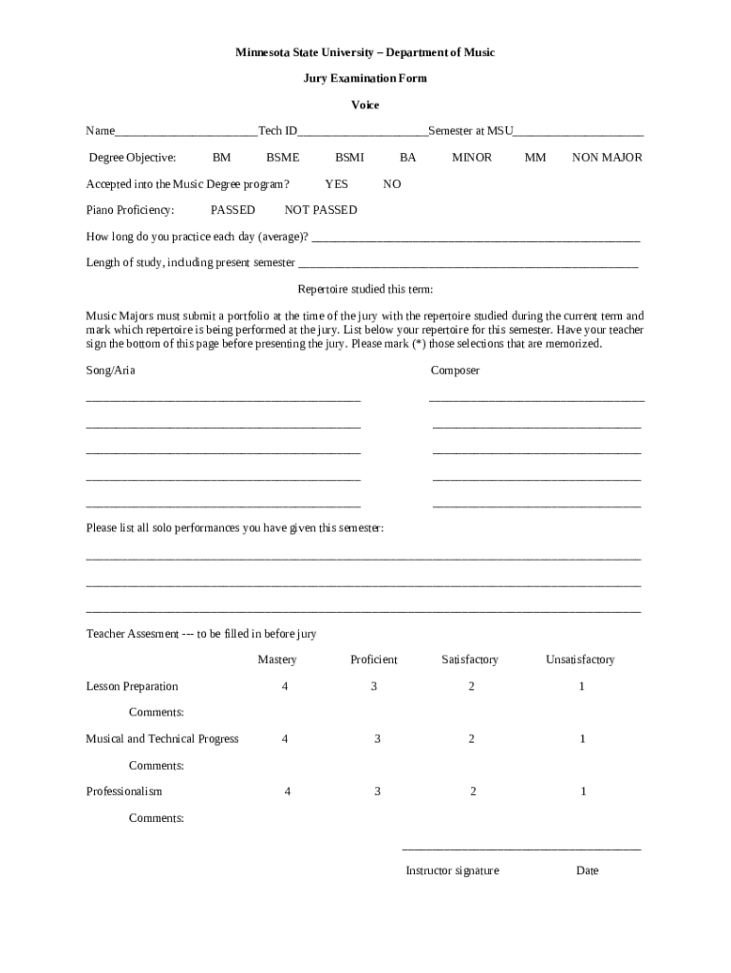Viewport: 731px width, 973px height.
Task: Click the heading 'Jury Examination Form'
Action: (x=365, y=78)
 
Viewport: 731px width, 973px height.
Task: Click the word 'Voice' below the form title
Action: (x=365, y=105)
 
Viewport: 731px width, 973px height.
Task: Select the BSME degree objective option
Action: (x=282, y=158)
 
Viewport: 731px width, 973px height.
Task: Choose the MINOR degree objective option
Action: (x=471, y=158)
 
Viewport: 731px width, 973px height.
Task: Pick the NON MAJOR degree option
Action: (x=607, y=158)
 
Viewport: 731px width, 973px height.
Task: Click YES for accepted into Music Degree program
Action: (x=336, y=184)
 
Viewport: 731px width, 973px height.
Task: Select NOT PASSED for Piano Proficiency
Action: (x=321, y=210)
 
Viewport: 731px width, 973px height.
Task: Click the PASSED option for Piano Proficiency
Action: (x=233, y=210)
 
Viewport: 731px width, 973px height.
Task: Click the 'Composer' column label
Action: (x=455, y=371)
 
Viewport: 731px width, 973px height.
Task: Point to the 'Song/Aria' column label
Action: (x=110, y=371)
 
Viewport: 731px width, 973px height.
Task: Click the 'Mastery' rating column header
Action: (x=277, y=659)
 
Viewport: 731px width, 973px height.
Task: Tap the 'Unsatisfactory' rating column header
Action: (x=579, y=659)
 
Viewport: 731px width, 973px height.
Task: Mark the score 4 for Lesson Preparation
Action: (x=285, y=686)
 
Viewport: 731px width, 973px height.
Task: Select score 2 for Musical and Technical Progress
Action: (x=471, y=738)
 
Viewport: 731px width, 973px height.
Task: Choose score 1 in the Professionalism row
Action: (x=583, y=791)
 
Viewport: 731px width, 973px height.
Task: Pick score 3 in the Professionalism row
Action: (x=377, y=791)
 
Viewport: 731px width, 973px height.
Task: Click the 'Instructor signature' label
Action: (x=452, y=870)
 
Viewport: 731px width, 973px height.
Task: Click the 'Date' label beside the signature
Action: (x=587, y=870)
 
